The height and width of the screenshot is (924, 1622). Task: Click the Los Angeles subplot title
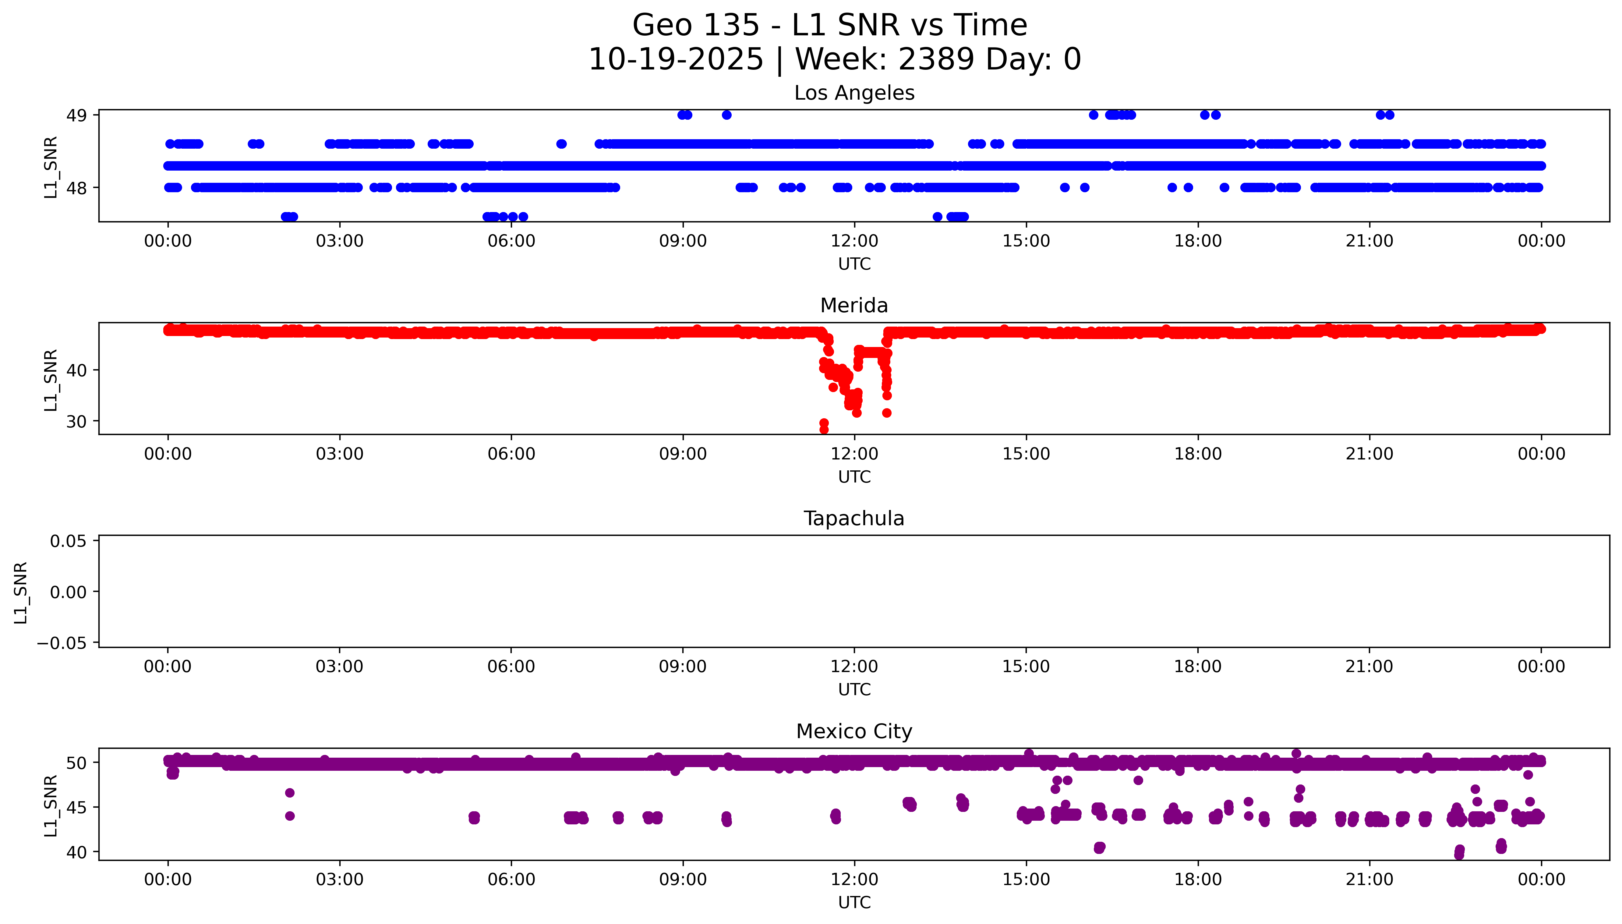pyautogui.click(x=854, y=93)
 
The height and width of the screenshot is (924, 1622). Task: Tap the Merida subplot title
pyautogui.click(x=854, y=306)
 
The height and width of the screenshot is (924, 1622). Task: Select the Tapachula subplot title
pyautogui.click(x=854, y=519)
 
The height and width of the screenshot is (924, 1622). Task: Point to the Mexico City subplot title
pyautogui.click(x=854, y=732)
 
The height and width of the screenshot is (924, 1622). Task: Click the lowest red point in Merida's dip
pyautogui.click(x=823, y=430)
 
